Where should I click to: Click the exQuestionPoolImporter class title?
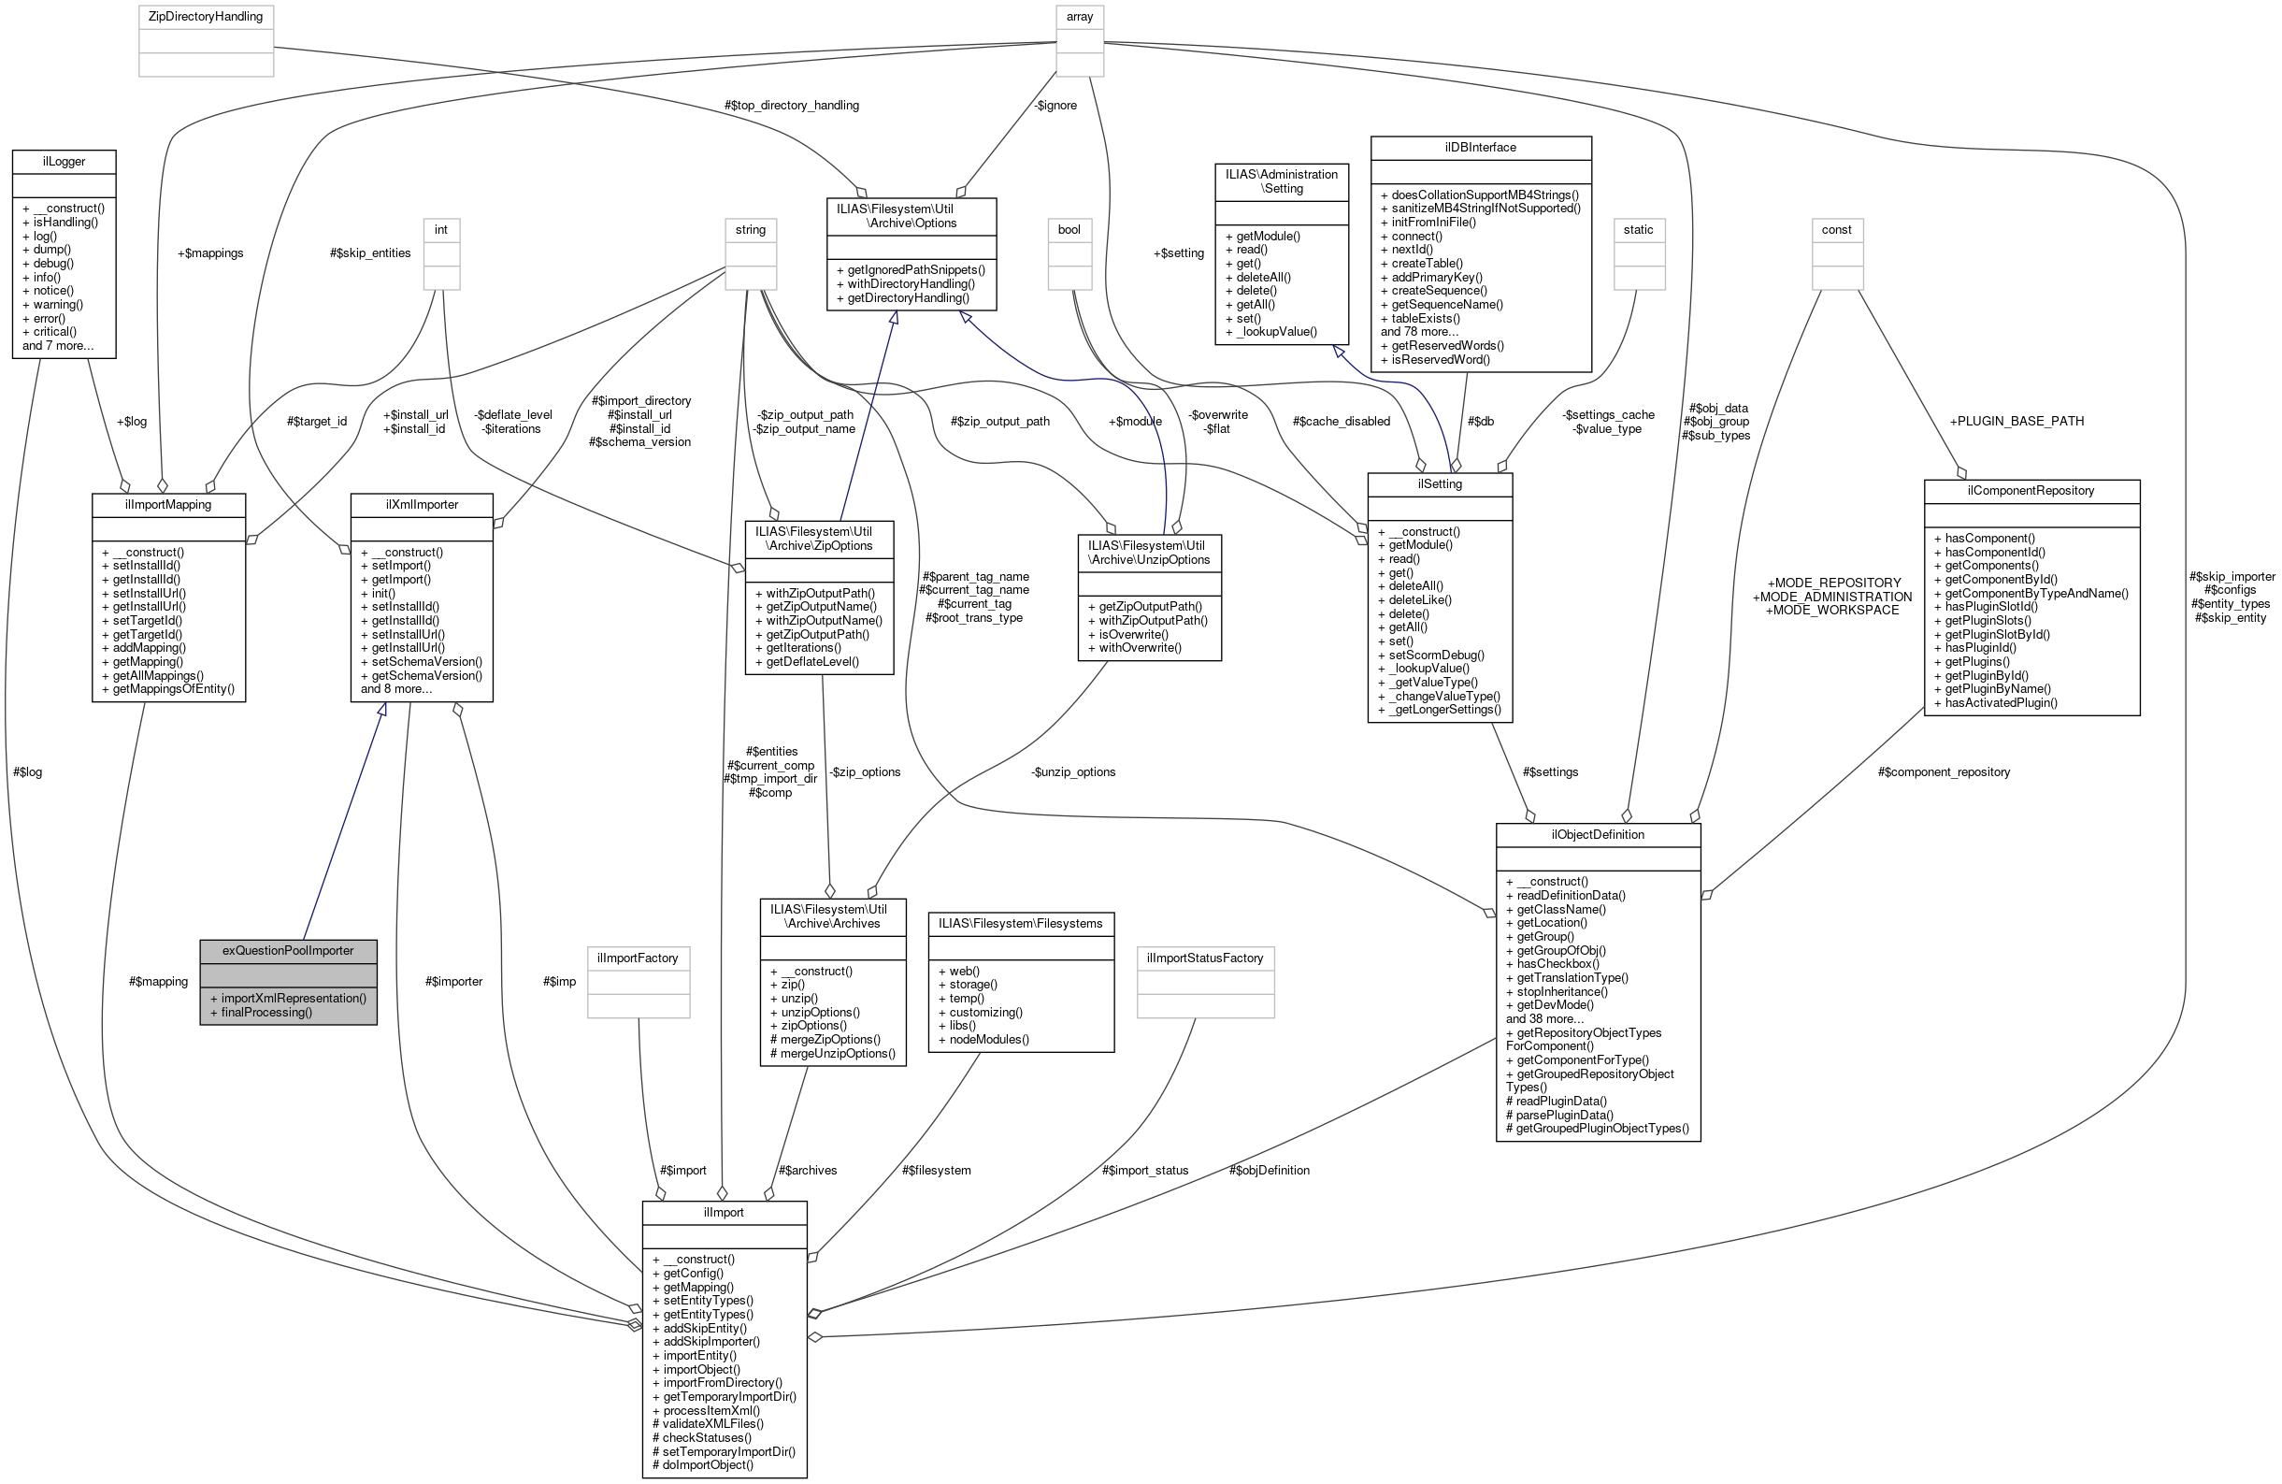288,951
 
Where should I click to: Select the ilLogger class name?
65,161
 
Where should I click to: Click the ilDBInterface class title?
1481,147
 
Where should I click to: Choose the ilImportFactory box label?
638,958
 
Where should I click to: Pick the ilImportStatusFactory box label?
1204,958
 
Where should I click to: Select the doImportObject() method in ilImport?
708,1464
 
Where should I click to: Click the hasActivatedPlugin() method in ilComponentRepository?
2001,702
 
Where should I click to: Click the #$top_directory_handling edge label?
792,106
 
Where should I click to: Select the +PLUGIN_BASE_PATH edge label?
2016,421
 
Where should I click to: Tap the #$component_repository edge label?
1944,772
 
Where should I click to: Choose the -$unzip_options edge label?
1073,772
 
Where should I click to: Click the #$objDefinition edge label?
1269,1171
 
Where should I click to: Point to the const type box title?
1836,229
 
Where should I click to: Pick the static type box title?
1638,229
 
